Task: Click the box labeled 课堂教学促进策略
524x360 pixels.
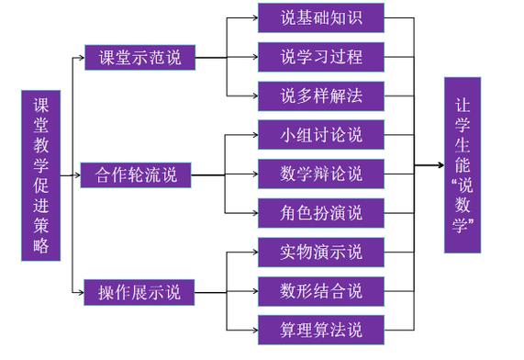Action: pos(40,175)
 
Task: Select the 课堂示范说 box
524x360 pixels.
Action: pos(140,57)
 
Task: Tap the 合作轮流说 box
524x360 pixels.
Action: pos(137,174)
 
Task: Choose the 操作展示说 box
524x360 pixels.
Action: pos(140,293)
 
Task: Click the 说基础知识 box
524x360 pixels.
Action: pos(320,17)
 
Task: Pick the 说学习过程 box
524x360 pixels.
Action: pos(320,57)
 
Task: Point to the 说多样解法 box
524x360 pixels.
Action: pos(320,96)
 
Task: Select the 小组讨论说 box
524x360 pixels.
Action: pos(320,135)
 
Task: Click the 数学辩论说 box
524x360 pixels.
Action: pos(320,174)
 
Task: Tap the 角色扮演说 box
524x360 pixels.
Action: pos(320,213)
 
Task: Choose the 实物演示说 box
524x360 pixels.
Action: pos(320,252)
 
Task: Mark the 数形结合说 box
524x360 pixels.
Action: pos(320,291)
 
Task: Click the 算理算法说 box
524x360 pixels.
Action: pos(320,330)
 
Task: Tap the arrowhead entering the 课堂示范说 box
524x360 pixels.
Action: pos(81,57)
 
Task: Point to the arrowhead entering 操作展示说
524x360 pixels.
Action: pos(81,293)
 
